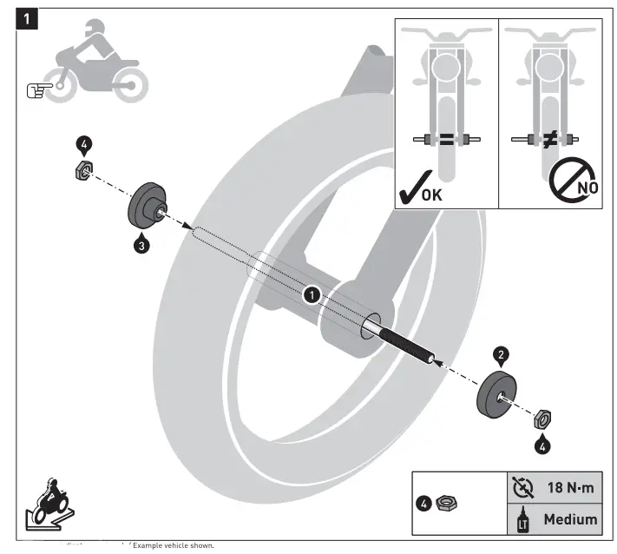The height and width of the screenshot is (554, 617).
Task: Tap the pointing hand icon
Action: tap(39, 88)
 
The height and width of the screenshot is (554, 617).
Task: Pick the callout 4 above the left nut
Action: tap(84, 145)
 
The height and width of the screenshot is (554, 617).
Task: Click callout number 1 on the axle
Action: tap(310, 295)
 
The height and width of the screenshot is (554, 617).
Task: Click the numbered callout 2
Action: tap(500, 354)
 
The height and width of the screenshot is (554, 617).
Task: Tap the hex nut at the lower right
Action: tap(541, 419)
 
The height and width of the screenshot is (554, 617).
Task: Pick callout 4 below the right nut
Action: tap(542, 446)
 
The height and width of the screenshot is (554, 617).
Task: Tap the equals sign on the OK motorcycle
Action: tap(445, 138)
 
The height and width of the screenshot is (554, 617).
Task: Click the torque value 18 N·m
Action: tap(568, 488)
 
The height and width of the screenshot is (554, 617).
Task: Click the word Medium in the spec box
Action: tap(569, 519)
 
